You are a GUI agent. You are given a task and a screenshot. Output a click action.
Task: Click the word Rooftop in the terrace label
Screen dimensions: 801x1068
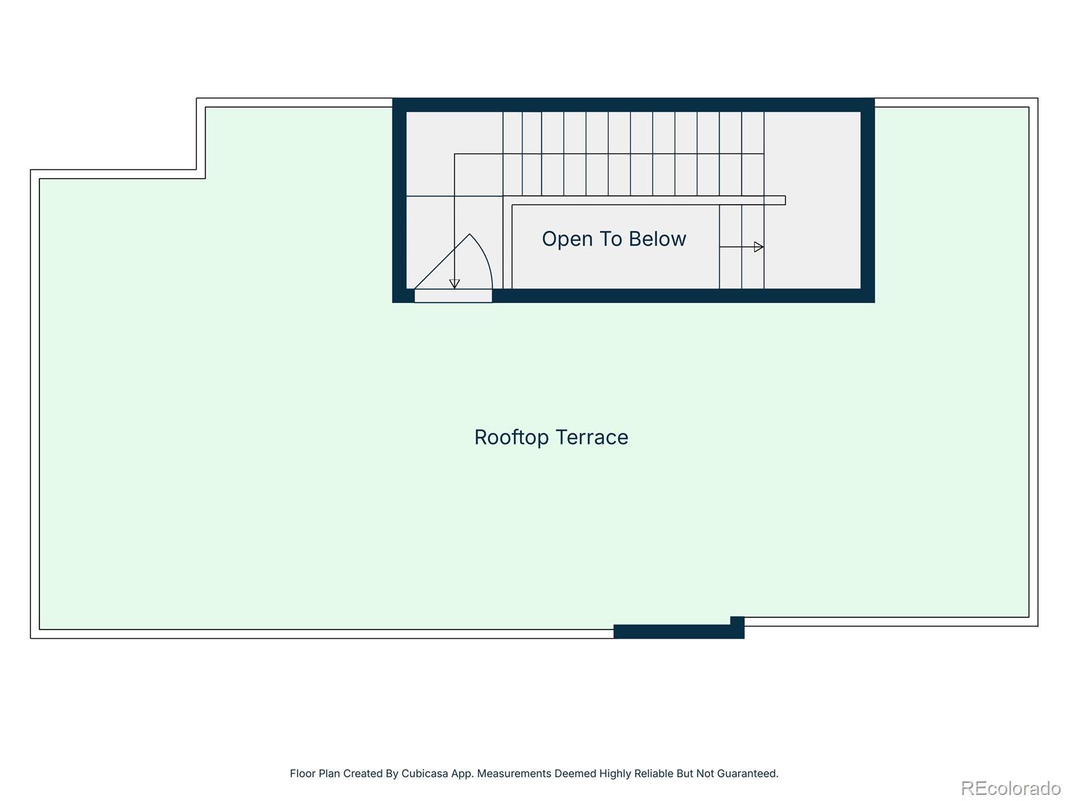[511, 437]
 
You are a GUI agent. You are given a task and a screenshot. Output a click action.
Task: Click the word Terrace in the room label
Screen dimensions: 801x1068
[592, 437]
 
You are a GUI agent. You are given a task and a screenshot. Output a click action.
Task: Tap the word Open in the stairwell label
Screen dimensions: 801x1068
[567, 239]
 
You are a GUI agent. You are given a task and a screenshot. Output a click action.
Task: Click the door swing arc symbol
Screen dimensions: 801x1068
[484, 257]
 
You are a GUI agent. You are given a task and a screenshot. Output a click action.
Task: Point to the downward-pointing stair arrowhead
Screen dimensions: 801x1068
[455, 284]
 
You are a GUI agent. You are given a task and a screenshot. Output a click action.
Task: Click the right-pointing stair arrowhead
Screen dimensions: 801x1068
[758, 247]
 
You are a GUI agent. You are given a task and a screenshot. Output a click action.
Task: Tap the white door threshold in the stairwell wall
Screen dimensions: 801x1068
[453, 296]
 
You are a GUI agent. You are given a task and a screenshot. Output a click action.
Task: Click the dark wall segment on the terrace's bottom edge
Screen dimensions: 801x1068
[674, 631]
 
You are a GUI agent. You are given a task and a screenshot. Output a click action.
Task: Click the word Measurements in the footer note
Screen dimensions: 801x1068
[514, 774]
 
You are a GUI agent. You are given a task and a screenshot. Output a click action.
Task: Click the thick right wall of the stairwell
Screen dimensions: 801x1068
[867, 200]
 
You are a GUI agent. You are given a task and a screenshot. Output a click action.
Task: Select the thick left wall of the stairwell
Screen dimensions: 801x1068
[399, 200]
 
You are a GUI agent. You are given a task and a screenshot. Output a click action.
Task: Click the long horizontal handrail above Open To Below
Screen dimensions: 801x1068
[647, 200]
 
